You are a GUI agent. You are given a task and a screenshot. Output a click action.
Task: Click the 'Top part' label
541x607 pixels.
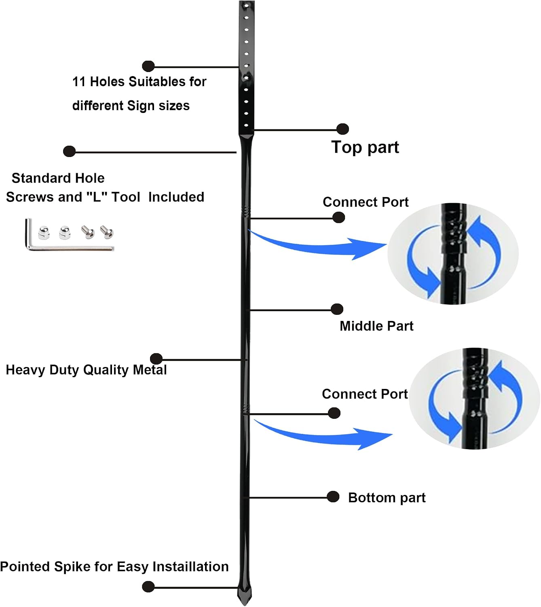click(x=365, y=147)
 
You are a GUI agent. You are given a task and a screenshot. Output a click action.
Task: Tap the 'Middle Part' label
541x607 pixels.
click(x=376, y=326)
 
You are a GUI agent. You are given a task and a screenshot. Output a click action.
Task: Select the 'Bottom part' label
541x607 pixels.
click(x=387, y=498)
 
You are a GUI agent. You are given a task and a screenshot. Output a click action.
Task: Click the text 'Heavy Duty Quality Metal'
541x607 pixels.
click(x=86, y=370)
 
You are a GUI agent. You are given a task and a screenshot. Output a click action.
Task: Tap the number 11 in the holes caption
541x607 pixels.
click(x=79, y=82)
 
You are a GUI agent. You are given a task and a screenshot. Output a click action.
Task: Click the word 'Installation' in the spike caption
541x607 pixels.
click(x=190, y=567)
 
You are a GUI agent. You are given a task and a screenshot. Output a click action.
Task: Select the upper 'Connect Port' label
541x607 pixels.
click(x=365, y=202)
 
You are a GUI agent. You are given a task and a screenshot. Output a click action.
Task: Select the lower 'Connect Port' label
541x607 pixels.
click(x=365, y=394)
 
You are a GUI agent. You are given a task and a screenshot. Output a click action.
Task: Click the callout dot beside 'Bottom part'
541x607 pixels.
click(x=333, y=497)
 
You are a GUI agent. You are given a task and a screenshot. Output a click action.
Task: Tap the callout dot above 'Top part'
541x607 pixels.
click(x=342, y=129)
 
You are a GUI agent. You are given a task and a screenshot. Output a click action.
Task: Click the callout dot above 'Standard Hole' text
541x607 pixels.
click(x=69, y=151)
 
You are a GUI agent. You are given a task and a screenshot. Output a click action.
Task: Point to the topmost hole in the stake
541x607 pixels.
click(x=246, y=6)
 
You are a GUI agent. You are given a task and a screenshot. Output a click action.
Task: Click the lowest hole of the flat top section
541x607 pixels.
click(x=246, y=125)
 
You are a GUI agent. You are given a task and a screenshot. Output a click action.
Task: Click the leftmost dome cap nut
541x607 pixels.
click(x=44, y=233)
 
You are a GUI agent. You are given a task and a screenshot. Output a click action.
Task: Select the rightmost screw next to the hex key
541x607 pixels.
click(x=107, y=232)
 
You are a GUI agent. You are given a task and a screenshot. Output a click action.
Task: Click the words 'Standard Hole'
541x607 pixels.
click(x=58, y=178)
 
